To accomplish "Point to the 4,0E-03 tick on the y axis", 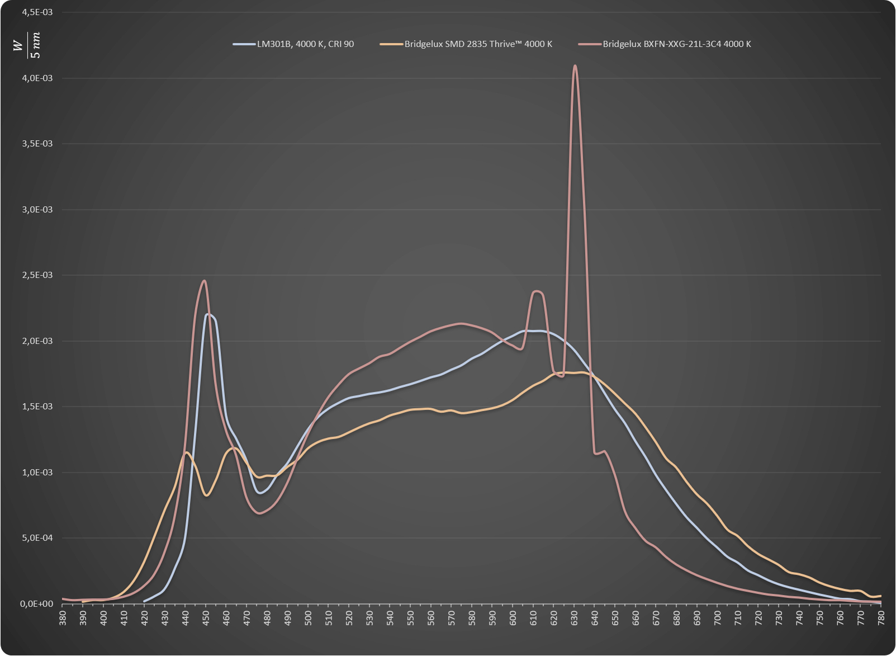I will (x=37, y=78).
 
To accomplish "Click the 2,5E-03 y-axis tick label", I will (x=37, y=275).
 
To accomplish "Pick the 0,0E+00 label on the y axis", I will (x=37, y=604).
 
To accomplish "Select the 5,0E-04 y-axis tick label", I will (x=37, y=538).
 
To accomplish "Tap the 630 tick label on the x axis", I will (x=574, y=618).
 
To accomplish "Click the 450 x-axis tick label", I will (x=206, y=618).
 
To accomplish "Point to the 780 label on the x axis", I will (x=881, y=618).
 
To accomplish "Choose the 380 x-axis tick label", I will (x=63, y=618).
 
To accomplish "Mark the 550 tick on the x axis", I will (x=411, y=618).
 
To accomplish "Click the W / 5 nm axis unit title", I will (x=27, y=45).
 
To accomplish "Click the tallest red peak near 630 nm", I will (x=575, y=65).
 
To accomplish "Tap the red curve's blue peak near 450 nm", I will (x=204, y=281).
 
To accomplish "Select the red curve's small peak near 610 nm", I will (x=537, y=291).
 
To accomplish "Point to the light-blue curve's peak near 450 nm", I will (x=208, y=314).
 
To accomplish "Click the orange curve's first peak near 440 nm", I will (x=186, y=452).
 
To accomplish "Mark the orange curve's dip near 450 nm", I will (x=206, y=495).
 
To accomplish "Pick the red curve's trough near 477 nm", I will (x=260, y=513).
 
